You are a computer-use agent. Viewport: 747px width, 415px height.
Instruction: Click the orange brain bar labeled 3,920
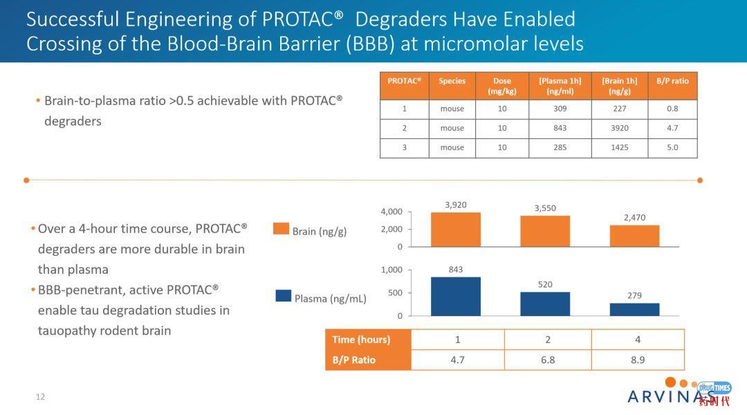click(455, 230)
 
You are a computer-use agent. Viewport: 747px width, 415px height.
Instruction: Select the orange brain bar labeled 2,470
click(634, 236)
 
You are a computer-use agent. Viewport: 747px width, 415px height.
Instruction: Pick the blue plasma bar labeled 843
click(455, 296)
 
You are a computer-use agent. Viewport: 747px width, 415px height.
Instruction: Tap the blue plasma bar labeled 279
click(634, 309)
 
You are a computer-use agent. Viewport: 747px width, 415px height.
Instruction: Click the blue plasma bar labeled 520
click(545, 304)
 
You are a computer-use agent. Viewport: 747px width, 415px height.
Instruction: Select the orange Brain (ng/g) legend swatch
click(281, 229)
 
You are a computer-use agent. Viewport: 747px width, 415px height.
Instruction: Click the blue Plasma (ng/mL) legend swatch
click(283, 295)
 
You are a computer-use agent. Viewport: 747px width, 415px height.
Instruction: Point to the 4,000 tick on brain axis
click(391, 212)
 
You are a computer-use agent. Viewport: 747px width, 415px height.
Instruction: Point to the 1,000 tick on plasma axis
click(391, 270)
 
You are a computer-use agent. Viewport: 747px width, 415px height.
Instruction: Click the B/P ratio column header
click(672, 81)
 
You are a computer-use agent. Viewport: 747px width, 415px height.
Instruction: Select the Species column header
click(452, 81)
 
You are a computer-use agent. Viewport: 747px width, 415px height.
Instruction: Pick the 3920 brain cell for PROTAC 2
click(620, 128)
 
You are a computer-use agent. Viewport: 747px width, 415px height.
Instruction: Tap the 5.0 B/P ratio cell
click(672, 147)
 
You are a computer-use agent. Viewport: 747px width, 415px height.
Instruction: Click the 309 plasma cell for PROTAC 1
click(560, 109)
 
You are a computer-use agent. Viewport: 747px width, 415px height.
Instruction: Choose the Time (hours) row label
click(362, 340)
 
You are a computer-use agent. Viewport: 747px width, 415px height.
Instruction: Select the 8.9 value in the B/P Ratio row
click(637, 360)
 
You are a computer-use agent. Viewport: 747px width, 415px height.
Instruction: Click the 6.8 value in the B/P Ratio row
click(548, 360)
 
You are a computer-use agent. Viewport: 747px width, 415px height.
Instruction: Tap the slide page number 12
click(40, 397)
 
